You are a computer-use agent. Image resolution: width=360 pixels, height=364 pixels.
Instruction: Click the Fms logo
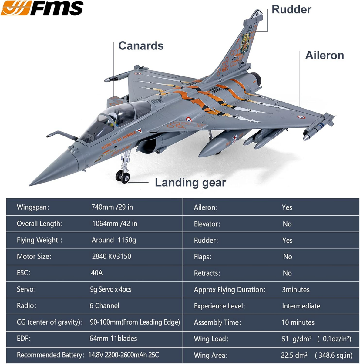click(x=42, y=8)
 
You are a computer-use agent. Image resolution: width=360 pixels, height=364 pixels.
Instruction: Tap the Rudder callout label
click(x=291, y=9)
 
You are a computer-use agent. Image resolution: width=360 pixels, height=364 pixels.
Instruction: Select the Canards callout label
click(x=141, y=46)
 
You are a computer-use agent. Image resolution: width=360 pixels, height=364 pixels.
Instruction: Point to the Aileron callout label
click(x=325, y=56)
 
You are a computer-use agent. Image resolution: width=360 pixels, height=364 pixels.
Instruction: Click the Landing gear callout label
click(x=190, y=183)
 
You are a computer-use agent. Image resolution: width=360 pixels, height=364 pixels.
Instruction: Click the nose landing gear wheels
click(x=123, y=176)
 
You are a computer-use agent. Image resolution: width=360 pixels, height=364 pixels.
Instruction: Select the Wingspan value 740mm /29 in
click(x=112, y=207)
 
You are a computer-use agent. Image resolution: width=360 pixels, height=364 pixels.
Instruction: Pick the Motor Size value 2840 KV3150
click(x=111, y=256)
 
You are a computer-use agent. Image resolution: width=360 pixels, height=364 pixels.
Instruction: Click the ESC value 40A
click(x=97, y=273)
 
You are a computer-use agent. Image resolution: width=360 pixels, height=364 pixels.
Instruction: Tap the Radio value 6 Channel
click(x=104, y=306)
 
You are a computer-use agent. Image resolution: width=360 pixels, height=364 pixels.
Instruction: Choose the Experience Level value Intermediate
click(x=301, y=306)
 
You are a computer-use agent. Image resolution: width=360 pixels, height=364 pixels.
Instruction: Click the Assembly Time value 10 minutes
click(x=298, y=322)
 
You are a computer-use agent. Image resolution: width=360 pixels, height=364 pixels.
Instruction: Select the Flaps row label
click(x=203, y=257)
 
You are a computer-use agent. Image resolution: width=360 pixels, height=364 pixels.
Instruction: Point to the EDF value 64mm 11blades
click(x=113, y=339)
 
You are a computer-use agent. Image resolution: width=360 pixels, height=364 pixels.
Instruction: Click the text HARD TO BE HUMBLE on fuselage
click(x=119, y=140)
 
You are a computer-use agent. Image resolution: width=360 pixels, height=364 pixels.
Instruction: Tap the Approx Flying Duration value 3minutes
click(x=296, y=290)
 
